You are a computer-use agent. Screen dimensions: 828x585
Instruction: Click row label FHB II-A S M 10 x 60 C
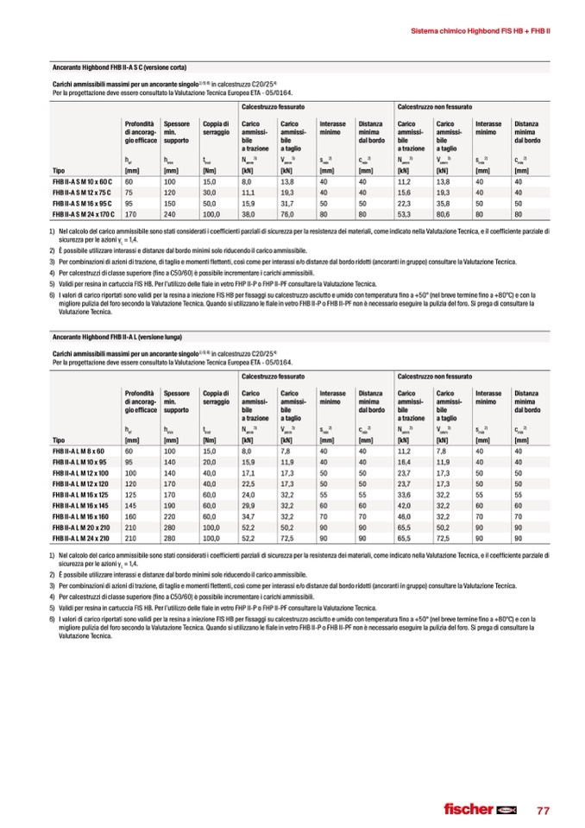tap(82, 182)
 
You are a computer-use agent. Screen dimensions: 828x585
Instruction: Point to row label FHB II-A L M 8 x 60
tap(78, 451)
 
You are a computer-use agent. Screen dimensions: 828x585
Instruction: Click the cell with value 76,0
tap(288, 213)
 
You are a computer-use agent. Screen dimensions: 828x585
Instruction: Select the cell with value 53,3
tap(405, 213)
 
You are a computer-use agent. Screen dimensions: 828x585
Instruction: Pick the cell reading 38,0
tap(248, 213)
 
